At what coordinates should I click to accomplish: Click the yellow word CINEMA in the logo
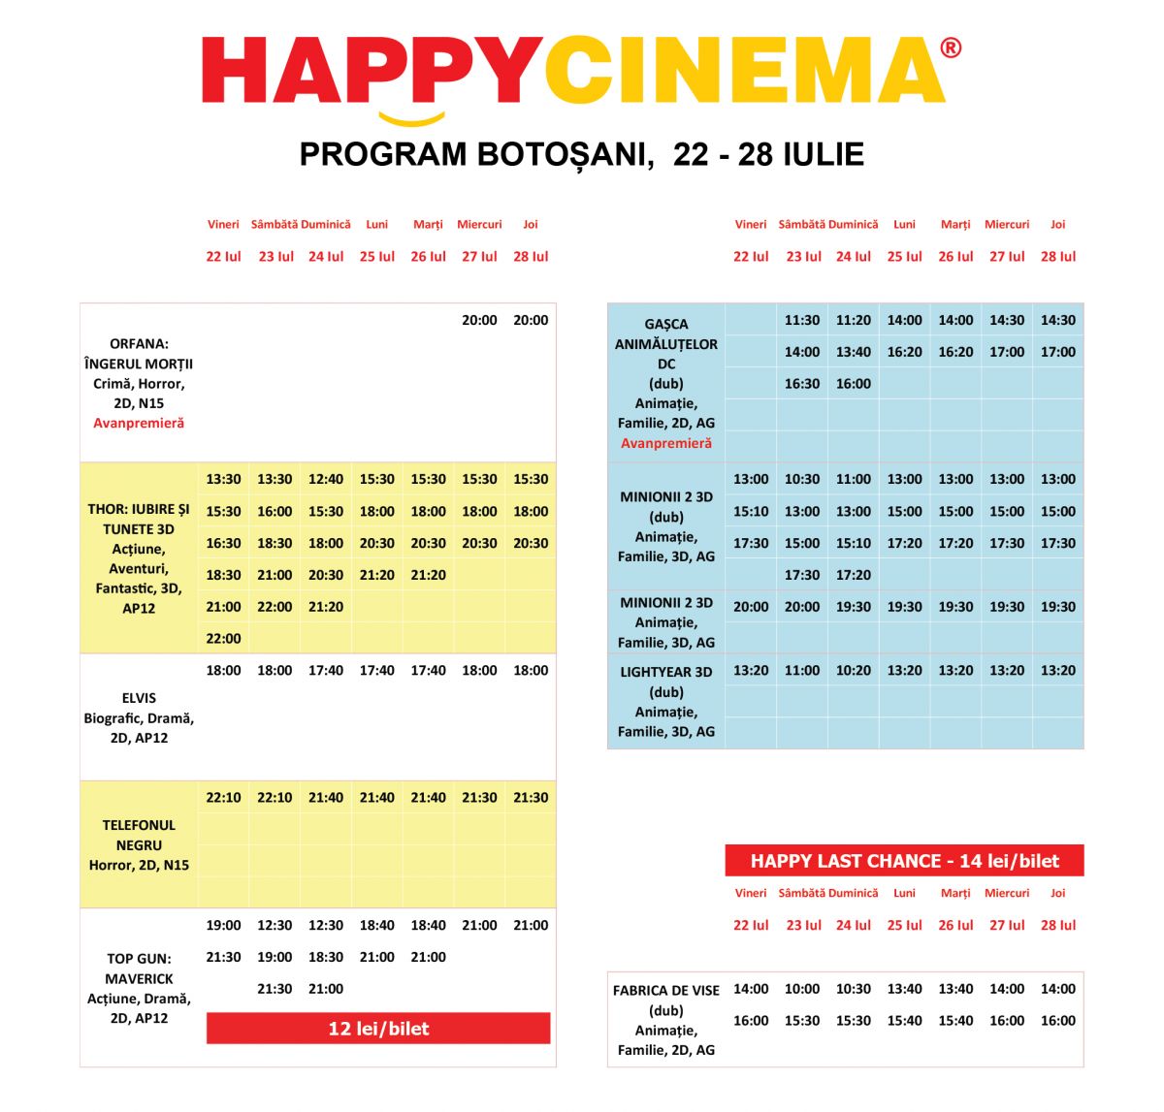click(x=744, y=71)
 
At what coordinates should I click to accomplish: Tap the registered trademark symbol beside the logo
click(x=951, y=48)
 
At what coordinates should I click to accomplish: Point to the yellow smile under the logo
click(x=411, y=120)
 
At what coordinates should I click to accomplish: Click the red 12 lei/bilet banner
click(x=378, y=1029)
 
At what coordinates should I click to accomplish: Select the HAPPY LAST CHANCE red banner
click(x=904, y=861)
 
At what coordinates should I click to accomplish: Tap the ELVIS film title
click(x=139, y=698)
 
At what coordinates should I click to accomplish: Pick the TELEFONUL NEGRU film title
click(x=139, y=835)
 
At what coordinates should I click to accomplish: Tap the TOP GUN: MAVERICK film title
click(x=139, y=969)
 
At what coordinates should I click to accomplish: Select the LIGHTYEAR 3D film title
click(x=666, y=672)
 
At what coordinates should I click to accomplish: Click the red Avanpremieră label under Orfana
click(x=139, y=423)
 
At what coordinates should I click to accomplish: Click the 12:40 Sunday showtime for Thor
click(x=326, y=479)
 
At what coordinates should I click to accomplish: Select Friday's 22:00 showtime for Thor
click(x=223, y=638)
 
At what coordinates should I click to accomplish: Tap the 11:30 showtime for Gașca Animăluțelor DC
click(x=802, y=320)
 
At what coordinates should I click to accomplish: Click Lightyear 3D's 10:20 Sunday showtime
click(x=854, y=670)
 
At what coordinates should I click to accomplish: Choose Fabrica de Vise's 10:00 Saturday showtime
click(x=802, y=989)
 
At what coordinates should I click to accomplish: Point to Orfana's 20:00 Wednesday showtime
click(x=479, y=320)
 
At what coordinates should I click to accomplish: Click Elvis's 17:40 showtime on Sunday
click(x=326, y=670)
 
